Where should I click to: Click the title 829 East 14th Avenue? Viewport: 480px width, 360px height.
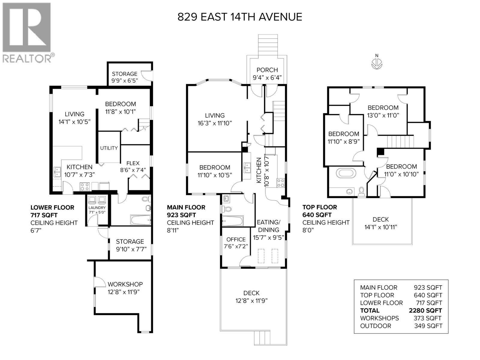pos(240,17)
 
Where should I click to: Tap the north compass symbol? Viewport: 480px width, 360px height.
pos(377,63)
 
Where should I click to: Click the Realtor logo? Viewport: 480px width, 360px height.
pos(26,32)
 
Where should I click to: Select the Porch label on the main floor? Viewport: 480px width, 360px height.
pos(267,70)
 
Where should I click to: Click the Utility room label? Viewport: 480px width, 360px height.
pos(109,148)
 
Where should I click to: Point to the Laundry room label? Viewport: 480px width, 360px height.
pos(97,208)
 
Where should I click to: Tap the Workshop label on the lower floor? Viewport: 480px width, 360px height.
pos(125,284)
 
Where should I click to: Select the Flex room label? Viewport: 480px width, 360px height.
pos(133,163)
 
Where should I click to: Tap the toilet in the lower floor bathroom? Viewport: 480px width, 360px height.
pos(146,199)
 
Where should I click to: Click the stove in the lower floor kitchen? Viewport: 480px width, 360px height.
pos(85,187)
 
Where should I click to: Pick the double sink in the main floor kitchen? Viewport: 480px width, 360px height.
pos(247,168)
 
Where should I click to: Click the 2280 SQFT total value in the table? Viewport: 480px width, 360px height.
pos(425,310)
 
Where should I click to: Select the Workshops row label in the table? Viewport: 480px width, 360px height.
pos(379,318)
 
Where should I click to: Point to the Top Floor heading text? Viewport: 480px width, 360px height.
pos(319,207)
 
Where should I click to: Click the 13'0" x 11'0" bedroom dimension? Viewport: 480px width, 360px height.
pos(383,115)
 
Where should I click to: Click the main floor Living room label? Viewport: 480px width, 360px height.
pos(214,115)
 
